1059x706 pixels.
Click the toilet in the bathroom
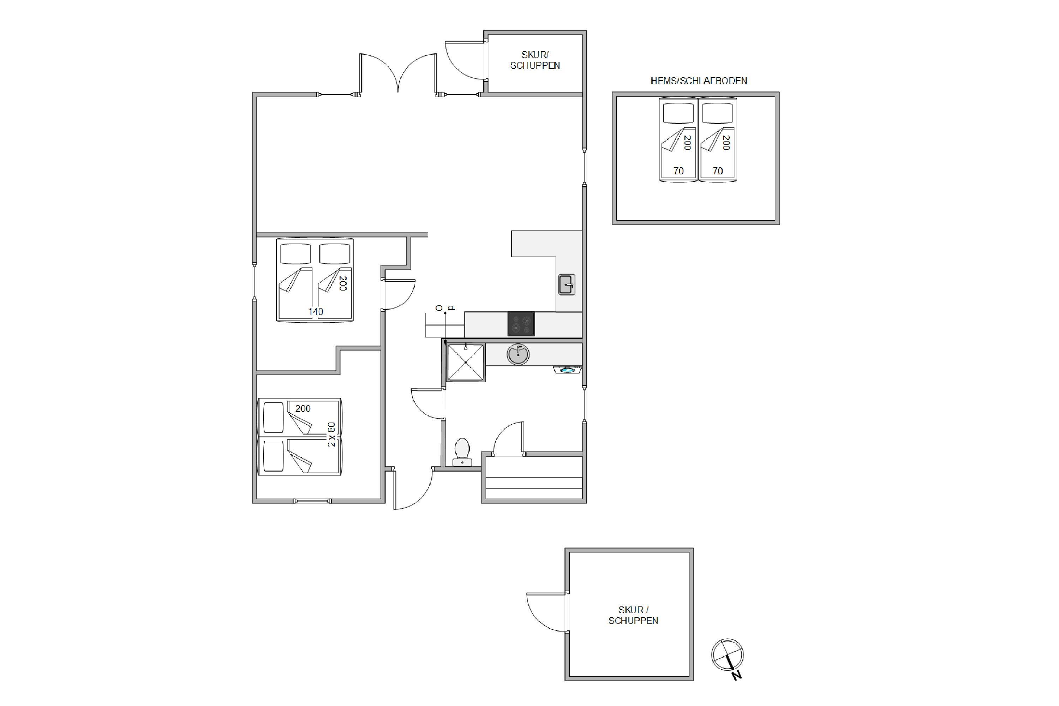pos(462,452)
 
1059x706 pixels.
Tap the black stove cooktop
pos(521,324)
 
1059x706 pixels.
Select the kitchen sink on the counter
pos(567,285)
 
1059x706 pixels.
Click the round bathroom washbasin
pos(518,354)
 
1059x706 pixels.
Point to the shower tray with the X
pos(466,363)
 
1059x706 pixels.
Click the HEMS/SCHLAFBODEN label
pos(699,81)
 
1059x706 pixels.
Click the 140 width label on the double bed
pos(316,312)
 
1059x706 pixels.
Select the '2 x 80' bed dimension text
pos(331,434)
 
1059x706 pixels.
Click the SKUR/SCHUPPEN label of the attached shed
pos(535,60)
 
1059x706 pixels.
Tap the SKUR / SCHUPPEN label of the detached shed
pos(633,615)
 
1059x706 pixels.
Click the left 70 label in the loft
pos(678,171)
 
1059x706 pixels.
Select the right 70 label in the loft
pos(718,171)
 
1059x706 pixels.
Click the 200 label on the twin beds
pos(303,408)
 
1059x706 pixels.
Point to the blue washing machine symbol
pos(567,370)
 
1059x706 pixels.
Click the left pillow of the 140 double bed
pos(295,254)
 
